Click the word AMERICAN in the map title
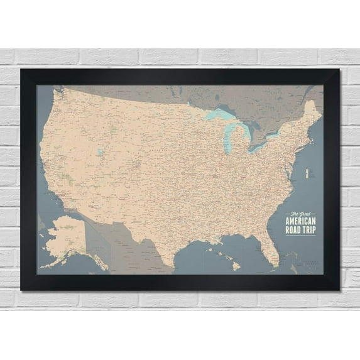point(301,221)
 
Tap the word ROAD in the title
point(294,229)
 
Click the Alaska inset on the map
point(65,238)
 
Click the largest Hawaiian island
point(236,266)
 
